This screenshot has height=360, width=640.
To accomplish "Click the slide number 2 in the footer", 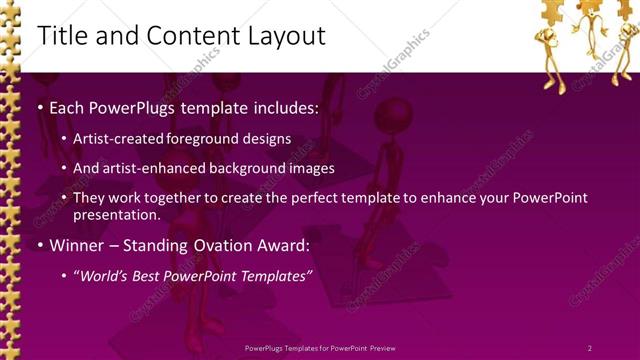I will coord(589,347).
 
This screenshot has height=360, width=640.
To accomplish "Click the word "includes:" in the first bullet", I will coord(283,107).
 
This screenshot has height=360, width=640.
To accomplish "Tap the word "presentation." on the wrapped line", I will coord(116,214).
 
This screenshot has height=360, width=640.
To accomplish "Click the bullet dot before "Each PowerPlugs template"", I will coord(39,108).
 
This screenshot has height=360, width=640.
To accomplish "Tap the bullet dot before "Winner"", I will coord(39,246).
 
